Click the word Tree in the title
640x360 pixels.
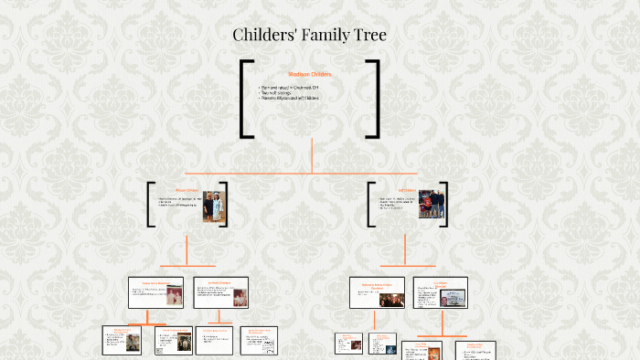[x=368, y=36]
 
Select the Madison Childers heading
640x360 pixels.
[x=310, y=74]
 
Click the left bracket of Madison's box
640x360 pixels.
[x=245, y=99]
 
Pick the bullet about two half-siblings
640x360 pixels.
[x=278, y=92]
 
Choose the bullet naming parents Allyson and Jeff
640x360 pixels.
[x=290, y=98]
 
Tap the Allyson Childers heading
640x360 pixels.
[x=187, y=191]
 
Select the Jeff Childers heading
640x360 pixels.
[x=406, y=191]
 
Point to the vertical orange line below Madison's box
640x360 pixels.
[x=313, y=154]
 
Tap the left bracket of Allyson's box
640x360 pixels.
[x=150, y=204]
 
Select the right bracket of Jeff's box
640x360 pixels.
[x=450, y=204]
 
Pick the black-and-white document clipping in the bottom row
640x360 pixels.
[x=268, y=343]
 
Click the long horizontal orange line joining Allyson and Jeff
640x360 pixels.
[x=302, y=171]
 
